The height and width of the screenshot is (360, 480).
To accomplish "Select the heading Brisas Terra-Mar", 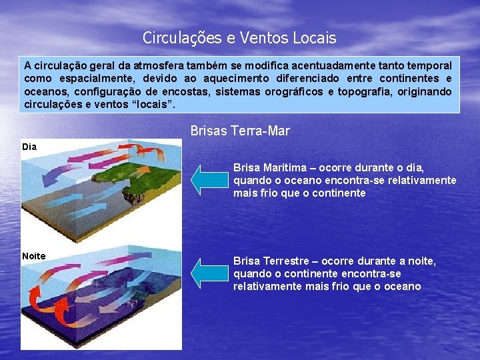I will tap(240, 131).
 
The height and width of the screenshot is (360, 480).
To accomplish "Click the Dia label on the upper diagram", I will tap(29, 146).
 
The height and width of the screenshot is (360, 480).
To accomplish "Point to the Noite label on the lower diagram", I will tap(33, 256).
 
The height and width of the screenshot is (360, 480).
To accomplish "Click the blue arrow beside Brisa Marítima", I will tap(210, 179).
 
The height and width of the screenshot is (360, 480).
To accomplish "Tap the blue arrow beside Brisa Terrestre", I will tap(210, 273).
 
